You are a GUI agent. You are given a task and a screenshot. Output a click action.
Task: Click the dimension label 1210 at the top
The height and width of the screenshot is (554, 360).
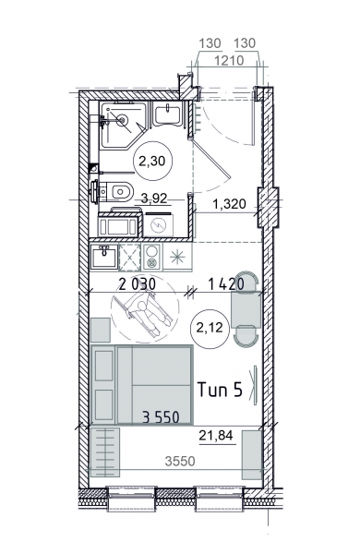point(229,60)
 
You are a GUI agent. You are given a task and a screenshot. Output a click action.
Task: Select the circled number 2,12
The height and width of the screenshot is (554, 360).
point(210,328)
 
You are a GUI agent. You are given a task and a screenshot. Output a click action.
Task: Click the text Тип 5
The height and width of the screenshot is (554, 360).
point(220,390)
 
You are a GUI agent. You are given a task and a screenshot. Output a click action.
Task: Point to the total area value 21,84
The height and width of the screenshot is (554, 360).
point(217,436)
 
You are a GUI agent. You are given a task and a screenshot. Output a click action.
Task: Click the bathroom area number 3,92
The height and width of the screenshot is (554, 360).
point(153,199)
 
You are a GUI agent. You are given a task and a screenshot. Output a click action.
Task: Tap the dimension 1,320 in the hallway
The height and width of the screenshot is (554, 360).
point(229,204)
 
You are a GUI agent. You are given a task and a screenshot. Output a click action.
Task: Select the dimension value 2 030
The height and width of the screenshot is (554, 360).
point(137,284)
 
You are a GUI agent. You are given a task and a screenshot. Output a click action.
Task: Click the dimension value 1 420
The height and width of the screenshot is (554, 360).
point(226,283)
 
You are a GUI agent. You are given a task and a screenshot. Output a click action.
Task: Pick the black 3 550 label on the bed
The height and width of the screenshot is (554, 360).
point(161,417)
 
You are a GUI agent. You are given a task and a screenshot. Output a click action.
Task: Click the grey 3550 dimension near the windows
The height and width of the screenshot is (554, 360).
point(180,461)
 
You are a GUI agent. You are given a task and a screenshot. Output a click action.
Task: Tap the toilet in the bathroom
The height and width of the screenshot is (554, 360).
point(113,193)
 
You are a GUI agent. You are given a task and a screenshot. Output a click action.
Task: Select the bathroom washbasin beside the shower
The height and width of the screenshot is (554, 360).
point(167,114)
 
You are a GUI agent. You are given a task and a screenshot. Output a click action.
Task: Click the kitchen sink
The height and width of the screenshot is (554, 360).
point(104,257)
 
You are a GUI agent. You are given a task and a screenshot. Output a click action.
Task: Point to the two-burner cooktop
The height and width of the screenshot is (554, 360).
point(152,257)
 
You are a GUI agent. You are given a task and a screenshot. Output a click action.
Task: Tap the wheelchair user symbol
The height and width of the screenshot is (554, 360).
point(145,312)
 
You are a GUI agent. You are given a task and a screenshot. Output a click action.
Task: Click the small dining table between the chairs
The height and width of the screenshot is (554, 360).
point(246,308)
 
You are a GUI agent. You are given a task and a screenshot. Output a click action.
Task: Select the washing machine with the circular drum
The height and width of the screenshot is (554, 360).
point(158,224)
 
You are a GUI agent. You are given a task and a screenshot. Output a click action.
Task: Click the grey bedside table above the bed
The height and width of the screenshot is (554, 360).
point(101,330)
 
